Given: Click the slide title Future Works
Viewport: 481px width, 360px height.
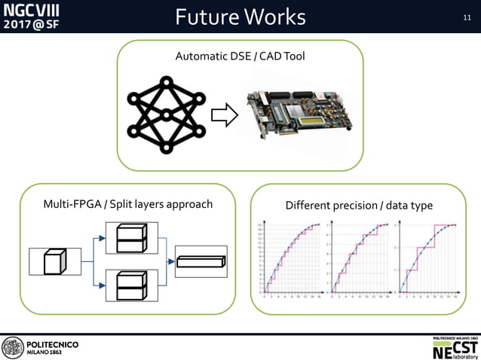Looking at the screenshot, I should (240, 17).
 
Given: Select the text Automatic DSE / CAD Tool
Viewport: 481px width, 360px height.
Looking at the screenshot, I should (240, 56).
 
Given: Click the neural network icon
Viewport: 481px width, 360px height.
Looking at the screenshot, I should (165, 115).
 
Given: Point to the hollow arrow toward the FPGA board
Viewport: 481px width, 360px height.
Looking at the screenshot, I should (224, 115).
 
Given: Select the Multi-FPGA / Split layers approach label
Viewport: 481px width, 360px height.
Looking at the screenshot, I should (128, 204).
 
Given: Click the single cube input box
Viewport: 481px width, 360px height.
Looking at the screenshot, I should (54, 261).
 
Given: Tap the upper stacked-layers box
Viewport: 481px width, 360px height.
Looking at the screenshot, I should (132, 238).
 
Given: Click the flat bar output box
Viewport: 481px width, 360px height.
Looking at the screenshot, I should (201, 261).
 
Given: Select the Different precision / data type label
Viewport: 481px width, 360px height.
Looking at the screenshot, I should (359, 206).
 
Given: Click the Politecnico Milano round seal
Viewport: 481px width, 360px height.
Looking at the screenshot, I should (13, 347).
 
